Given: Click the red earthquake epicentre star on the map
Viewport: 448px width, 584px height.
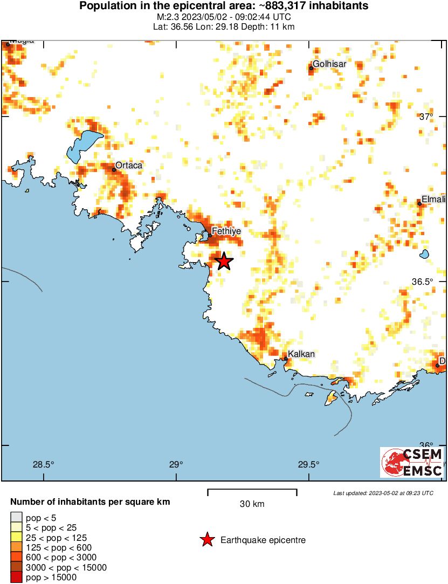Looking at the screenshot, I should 224,262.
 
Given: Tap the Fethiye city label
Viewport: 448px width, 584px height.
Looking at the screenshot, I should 226,231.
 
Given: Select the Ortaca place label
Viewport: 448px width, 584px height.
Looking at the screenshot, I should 129,165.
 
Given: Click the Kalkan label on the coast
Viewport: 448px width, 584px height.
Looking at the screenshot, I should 301,354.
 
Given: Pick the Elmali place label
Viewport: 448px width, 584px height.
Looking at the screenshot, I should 434,199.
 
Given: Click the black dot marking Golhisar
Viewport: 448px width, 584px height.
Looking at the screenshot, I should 311,68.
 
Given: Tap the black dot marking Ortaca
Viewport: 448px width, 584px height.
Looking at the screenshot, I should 114,170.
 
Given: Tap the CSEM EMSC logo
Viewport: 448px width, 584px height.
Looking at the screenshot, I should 412,462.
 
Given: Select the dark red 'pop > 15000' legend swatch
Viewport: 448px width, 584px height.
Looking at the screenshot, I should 17,577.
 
